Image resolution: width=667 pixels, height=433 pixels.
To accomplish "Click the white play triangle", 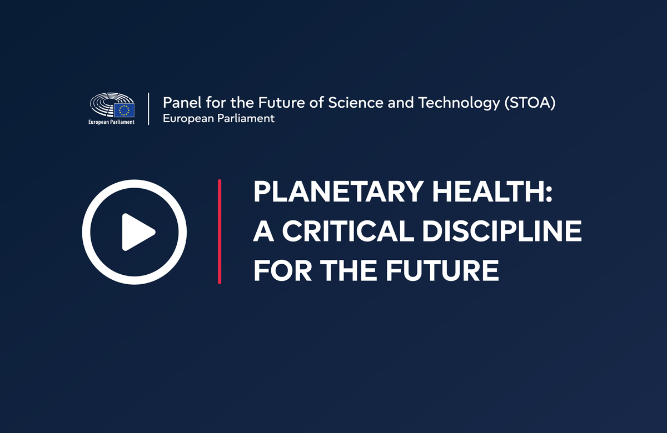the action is click(x=136, y=232).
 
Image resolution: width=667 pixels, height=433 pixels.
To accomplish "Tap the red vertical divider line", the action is click(x=220, y=231).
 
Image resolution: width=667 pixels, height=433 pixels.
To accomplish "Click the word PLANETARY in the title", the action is click(x=339, y=192).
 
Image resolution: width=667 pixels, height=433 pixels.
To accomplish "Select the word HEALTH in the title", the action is click(x=488, y=192).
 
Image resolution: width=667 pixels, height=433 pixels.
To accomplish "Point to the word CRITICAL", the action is click(x=348, y=231).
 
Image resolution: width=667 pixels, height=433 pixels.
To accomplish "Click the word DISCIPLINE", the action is click(x=502, y=231).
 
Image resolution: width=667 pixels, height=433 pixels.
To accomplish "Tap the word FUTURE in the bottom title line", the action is click(x=442, y=271).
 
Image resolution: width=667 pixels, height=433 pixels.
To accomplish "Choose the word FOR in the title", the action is click(x=282, y=271).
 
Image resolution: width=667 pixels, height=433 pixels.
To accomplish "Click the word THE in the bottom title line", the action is click(x=349, y=271).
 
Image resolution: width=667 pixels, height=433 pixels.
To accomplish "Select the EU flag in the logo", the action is click(x=124, y=110).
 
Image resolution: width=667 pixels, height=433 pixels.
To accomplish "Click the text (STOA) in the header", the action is click(x=530, y=103).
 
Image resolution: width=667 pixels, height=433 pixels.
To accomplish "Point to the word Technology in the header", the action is click(x=459, y=103).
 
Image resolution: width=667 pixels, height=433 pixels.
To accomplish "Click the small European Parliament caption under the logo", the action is click(x=111, y=122).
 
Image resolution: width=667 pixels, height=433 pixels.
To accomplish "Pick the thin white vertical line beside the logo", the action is click(x=148, y=109).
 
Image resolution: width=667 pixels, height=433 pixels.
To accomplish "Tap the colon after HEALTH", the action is click(x=549, y=194).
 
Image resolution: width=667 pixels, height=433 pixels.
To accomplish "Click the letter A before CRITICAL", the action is click(x=263, y=231).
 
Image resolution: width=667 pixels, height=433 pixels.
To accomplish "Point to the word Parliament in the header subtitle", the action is click(x=246, y=119).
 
